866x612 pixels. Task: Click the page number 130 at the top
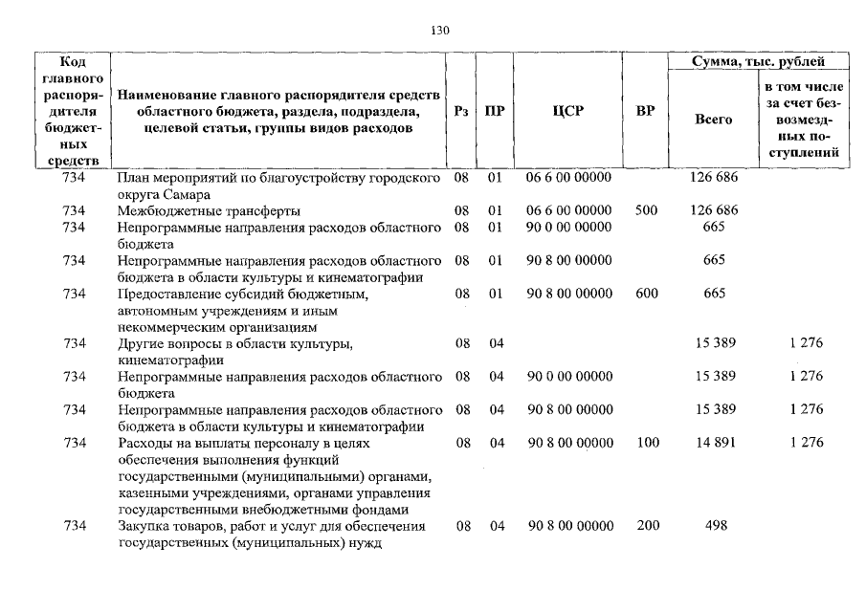click(439, 31)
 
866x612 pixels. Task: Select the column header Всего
click(713, 120)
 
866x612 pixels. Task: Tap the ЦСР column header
click(567, 111)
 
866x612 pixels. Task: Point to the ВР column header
click(645, 111)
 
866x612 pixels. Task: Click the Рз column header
click(461, 111)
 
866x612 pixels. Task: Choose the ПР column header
click(495, 111)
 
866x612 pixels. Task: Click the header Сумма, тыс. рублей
click(759, 62)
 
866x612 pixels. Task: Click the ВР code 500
click(646, 210)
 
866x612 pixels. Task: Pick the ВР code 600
click(646, 294)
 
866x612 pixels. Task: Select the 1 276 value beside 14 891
click(806, 443)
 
